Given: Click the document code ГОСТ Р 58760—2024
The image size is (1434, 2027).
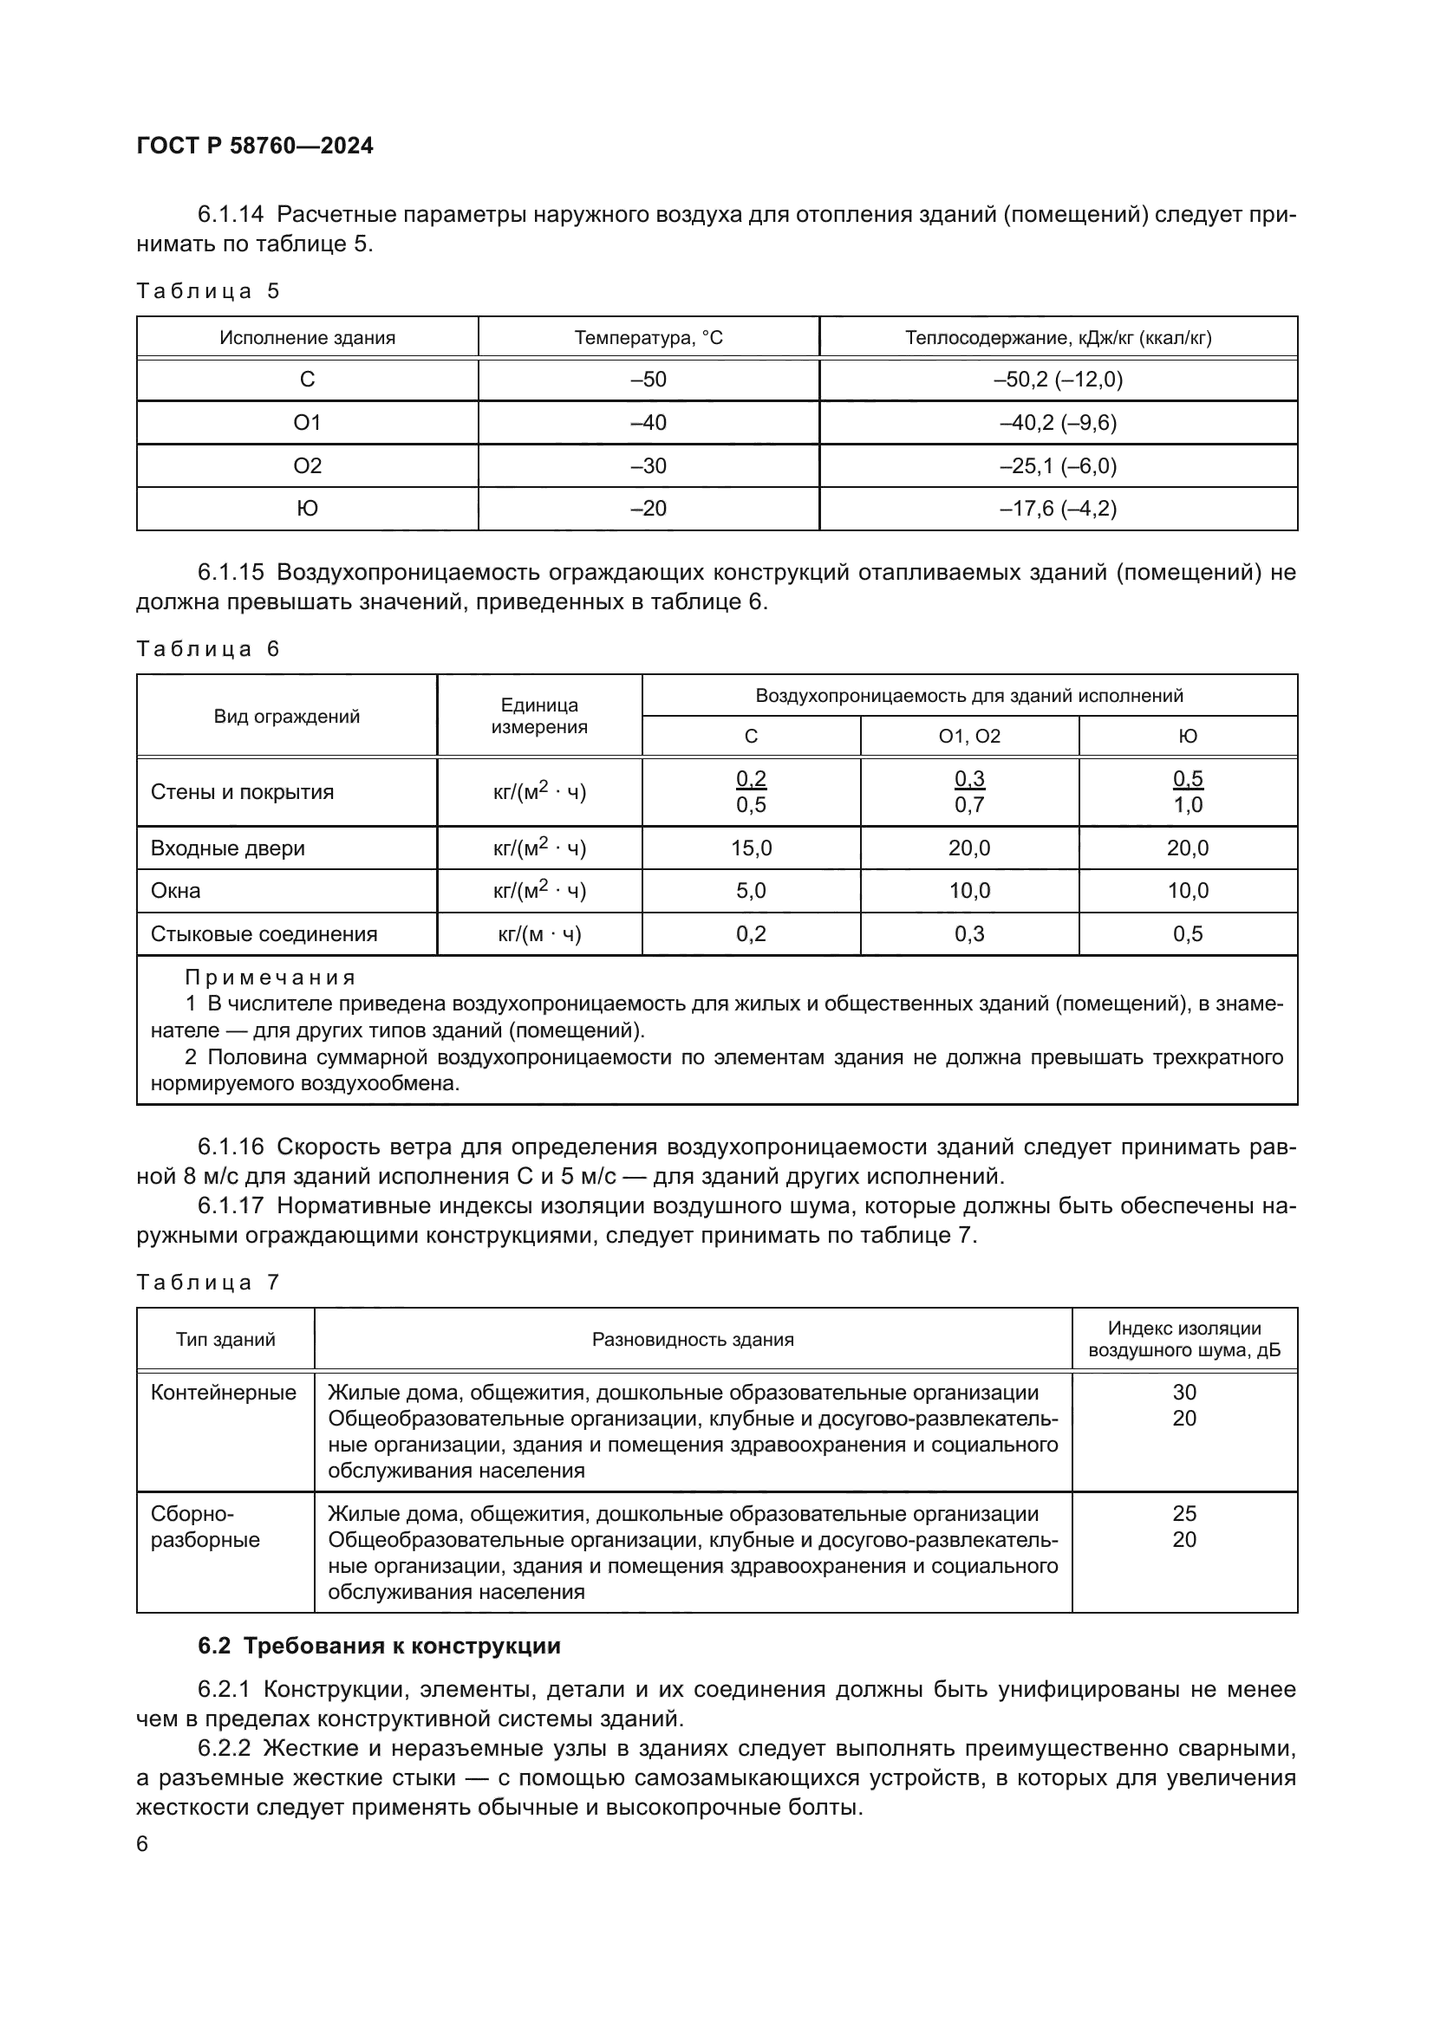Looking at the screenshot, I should pos(255,146).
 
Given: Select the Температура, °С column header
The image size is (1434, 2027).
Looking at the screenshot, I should pos(649,337).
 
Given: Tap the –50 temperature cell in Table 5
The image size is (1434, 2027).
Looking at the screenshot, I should pos(649,380).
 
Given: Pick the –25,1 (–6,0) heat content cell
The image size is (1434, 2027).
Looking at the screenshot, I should pos(1058,465).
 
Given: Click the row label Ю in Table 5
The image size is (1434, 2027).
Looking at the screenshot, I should pos(307,509).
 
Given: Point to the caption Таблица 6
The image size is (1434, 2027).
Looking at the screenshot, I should pos(207,649).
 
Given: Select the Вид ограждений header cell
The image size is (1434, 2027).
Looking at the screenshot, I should pos(287,716).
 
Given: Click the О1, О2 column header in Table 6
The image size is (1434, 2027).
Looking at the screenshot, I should pos(969,737).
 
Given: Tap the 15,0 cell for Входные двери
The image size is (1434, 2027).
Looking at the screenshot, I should pos(751,848).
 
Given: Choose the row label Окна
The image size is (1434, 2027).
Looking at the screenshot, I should pos(176,891).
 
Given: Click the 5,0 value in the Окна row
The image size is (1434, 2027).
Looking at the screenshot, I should pos(751,891).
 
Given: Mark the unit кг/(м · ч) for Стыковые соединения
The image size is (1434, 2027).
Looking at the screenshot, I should pos(539,934).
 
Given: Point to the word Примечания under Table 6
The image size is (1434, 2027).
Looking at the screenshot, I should pos(271,978).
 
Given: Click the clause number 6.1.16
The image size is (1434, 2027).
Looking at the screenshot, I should pos(231,1147).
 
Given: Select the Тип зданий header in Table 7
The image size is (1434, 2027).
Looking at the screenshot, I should pos(225,1339).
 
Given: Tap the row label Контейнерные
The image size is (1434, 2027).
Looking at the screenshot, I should pos(224,1393).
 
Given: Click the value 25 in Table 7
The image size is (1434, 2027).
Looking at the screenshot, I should pos(1184,1513).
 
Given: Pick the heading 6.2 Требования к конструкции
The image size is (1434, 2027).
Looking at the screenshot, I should pos(379,1646).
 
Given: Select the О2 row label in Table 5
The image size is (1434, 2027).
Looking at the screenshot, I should pos(307,465).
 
